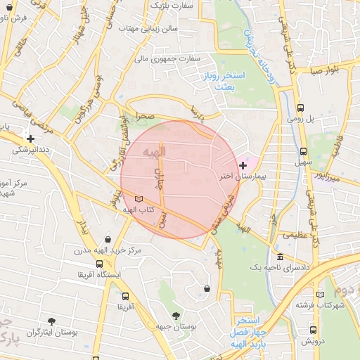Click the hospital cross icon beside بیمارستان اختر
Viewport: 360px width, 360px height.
pyautogui.click(x=243, y=165)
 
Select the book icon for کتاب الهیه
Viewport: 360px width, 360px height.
pyautogui.click(x=139, y=199)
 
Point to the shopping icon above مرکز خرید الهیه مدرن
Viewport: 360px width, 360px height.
pyautogui.click(x=107, y=239)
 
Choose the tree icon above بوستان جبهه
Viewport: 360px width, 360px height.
pyautogui.click(x=176, y=316)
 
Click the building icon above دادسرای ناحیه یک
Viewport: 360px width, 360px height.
pyautogui.click(x=280, y=257)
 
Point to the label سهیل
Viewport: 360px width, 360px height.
pyautogui.click(x=303, y=162)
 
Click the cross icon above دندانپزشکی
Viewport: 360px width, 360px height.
pyautogui.click(x=30, y=139)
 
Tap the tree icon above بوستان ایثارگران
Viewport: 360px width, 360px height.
pyautogui.click(x=51, y=321)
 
